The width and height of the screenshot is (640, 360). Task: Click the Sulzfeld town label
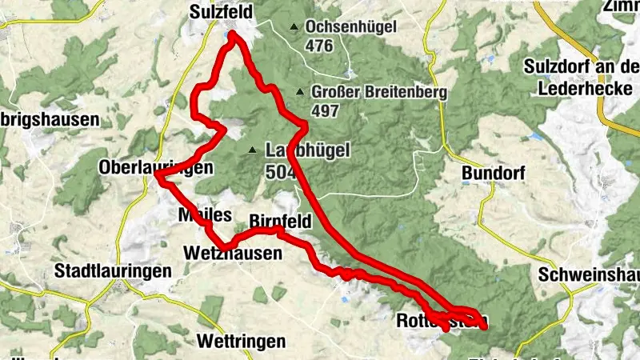[x=222, y=12]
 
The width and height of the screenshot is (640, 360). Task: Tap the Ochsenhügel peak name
[x=350, y=27]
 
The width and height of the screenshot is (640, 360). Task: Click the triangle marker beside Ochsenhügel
[x=294, y=27]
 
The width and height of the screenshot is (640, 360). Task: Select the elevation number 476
[x=318, y=45]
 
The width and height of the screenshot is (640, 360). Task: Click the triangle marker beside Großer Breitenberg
[x=299, y=91]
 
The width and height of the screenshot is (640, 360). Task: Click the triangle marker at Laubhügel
[x=253, y=150]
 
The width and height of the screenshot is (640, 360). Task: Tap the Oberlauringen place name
[x=156, y=168]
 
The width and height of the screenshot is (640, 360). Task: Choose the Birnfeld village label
[x=281, y=220]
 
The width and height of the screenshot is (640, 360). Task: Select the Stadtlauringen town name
[x=112, y=271]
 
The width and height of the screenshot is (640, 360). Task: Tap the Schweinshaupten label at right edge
[x=590, y=274]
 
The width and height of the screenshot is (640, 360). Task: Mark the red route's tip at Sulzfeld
[x=232, y=34]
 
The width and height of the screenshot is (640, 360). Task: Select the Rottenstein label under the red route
[x=432, y=322]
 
